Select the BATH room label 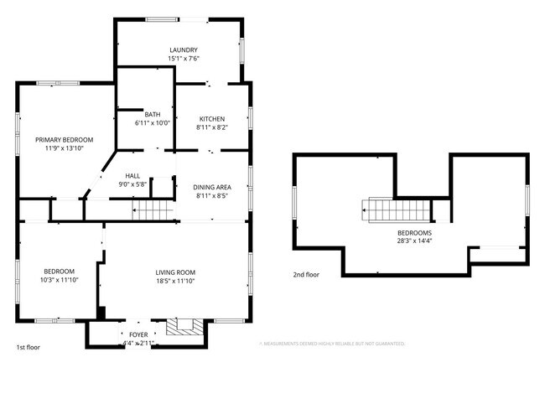152,115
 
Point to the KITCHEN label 211,118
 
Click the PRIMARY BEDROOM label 64,139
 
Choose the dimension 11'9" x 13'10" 64,148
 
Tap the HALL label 132,175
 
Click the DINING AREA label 211,187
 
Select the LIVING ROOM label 175,272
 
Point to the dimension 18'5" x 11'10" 175,282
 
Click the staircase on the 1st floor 153,209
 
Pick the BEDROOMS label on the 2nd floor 414,232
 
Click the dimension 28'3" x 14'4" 414,241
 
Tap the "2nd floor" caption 306,274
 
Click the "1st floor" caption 29,346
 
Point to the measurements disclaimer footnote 332,344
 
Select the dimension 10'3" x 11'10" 60,280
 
